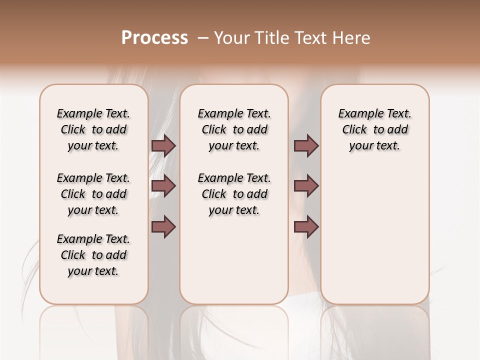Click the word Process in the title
[x=154, y=38]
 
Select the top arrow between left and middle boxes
[x=163, y=145]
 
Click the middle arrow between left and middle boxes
[x=163, y=186]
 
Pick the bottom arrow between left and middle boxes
[x=163, y=227]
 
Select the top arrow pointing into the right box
[x=306, y=145]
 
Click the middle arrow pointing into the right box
[x=306, y=186]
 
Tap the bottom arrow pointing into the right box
[x=306, y=227]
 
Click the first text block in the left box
[x=93, y=129]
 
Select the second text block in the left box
[x=93, y=194]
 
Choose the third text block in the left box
[x=93, y=255]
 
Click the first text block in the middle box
[x=234, y=129]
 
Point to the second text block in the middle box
[x=234, y=194]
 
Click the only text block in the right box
[x=375, y=129]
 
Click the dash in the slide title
[x=203, y=38]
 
